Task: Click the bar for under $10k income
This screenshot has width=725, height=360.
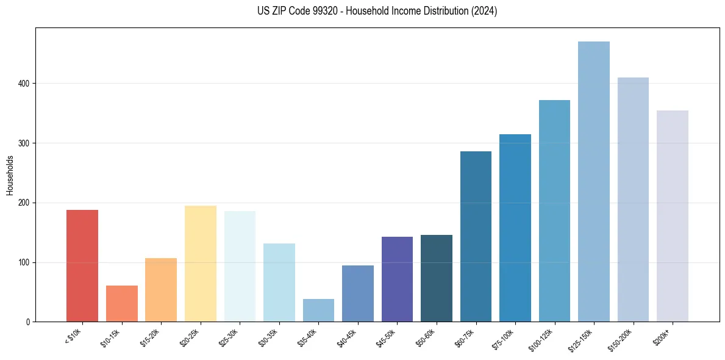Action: pos(82,266)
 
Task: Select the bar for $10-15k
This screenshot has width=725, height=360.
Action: pos(122,304)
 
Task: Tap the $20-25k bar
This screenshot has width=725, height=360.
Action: pos(201,264)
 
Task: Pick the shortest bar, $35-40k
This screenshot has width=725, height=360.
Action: pos(318,311)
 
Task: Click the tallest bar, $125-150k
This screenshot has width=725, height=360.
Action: pos(594,182)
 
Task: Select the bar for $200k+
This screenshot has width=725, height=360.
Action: pos(673,216)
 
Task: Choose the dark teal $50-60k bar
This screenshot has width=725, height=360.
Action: pos(437,278)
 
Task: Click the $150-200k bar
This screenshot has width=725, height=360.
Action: pos(633,200)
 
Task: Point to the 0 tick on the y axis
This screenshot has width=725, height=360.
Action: pos(27,322)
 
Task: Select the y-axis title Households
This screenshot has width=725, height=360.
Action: pos(10,175)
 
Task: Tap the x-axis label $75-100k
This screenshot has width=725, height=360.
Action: pos(504,338)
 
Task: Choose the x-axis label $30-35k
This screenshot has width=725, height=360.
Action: pos(268,338)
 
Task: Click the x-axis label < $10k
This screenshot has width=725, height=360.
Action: pos(73,337)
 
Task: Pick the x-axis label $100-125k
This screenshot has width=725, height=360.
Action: pos(541,339)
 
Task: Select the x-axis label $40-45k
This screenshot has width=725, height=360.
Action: pos(346,338)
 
